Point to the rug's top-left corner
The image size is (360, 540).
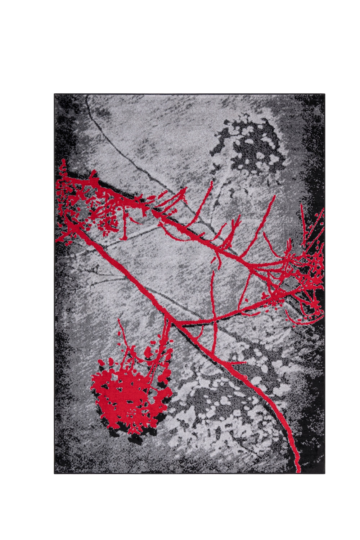click(x=55, y=94)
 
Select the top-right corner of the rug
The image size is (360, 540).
click(x=324, y=94)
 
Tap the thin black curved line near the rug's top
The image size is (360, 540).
click(x=108, y=137)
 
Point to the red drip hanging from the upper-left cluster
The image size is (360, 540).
click(x=124, y=231)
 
